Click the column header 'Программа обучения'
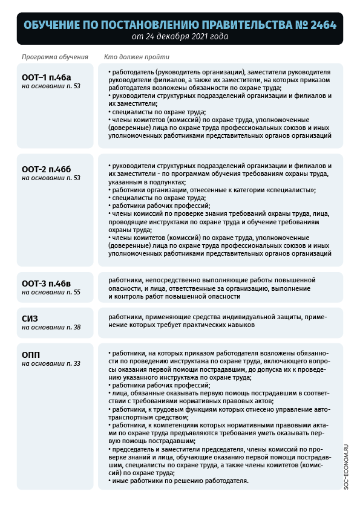click(55, 57)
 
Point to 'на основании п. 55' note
click(51, 292)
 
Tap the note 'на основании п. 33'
click(51, 363)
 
